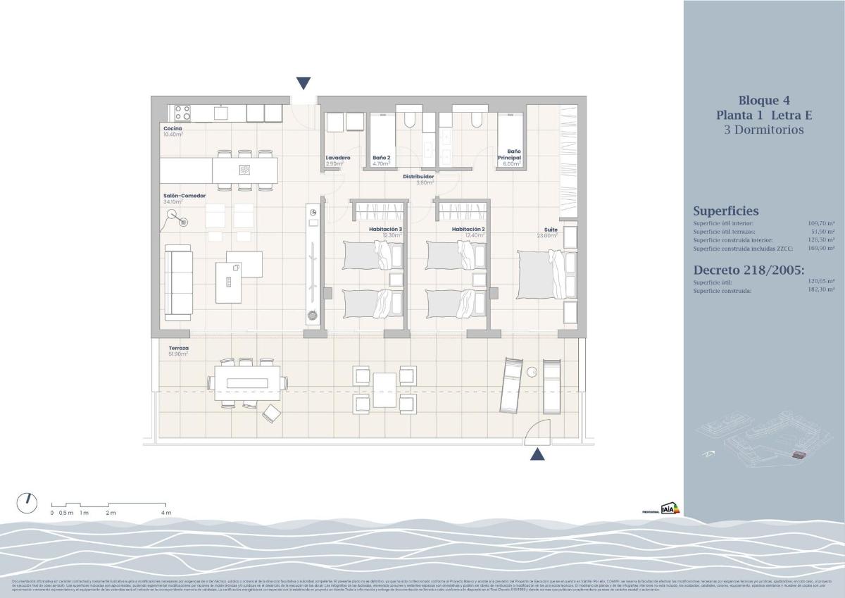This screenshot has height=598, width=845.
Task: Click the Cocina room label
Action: [x=173, y=129]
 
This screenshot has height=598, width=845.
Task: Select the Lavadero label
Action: [x=337, y=158]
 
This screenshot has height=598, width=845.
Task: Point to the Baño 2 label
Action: [x=381, y=158]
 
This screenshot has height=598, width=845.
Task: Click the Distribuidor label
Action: [x=418, y=177]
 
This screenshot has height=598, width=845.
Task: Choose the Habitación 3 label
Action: [x=386, y=230]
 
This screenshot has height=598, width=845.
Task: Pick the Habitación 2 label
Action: [x=469, y=230]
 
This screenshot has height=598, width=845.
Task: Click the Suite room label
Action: [x=550, y=230]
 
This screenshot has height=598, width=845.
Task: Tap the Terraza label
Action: [x=178, y=348]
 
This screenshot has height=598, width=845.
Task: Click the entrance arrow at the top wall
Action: [x=303, y=83]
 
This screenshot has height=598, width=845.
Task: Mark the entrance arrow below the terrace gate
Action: [x=537, y=454]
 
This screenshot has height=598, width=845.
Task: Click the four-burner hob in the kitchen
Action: [x=182, y=113]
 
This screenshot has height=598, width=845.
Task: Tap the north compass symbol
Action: [x=27, y=502]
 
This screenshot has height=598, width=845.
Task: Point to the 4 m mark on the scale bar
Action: [x=166, y=512]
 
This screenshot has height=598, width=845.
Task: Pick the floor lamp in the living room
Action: [x=184, y=223]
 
